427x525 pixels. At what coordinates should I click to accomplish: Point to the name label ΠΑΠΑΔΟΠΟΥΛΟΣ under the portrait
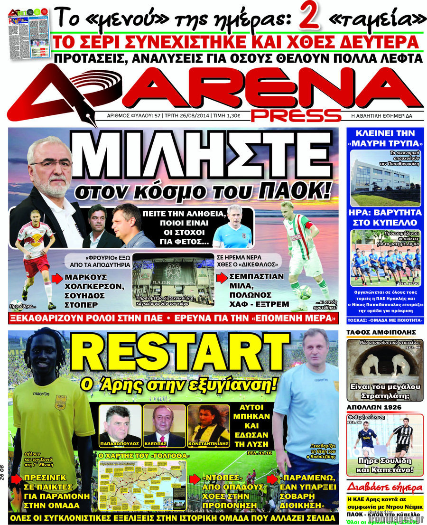coord(120,443)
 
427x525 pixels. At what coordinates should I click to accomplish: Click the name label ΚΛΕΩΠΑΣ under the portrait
coord(164,443)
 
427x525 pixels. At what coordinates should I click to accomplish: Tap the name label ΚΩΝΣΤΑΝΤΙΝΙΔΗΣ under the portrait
coord(209,443)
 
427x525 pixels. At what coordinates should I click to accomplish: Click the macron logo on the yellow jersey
coord(41,393)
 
